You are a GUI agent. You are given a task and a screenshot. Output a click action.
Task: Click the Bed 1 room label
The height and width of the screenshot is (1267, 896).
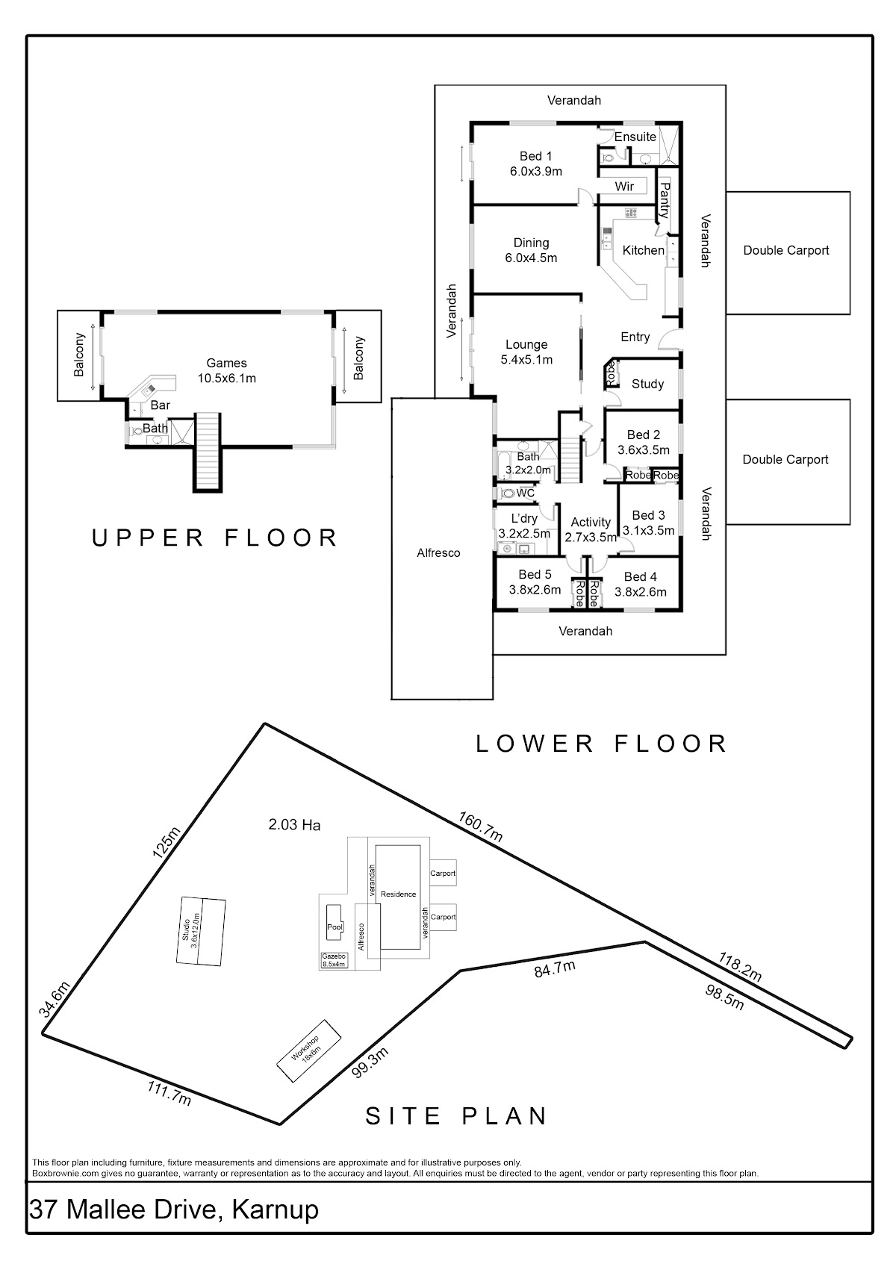point(535,156)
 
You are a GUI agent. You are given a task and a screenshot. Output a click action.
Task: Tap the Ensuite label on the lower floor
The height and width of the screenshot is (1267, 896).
point(635,137)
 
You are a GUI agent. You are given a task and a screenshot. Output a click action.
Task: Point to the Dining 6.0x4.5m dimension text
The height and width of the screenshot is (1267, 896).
point(531,258)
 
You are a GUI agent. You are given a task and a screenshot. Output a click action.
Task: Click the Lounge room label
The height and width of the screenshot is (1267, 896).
point(526,344)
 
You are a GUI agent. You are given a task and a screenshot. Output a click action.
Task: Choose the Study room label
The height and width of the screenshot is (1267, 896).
point(647,384)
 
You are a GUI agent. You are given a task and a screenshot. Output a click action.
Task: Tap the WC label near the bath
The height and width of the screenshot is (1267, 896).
point(526,494)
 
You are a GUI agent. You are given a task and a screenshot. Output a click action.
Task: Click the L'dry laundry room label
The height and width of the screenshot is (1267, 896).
point(524,519)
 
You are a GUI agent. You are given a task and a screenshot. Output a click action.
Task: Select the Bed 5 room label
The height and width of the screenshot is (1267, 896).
point(535,574)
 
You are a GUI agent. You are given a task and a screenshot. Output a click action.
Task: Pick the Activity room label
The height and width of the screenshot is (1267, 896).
point(591,522)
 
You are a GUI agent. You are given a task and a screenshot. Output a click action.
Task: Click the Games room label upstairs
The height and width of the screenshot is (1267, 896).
point(226,364)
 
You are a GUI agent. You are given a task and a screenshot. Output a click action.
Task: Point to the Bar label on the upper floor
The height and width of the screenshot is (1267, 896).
point(161,405)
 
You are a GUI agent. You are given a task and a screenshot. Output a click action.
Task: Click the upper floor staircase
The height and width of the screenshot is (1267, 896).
point(208,451)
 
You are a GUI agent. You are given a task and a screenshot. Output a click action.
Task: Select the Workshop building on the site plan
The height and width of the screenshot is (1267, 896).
point(309,1050)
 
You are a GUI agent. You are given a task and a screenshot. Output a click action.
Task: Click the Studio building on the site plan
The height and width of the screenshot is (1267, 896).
point(200,931)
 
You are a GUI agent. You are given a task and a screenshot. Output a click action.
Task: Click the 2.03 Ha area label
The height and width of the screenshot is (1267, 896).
point(294,825)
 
